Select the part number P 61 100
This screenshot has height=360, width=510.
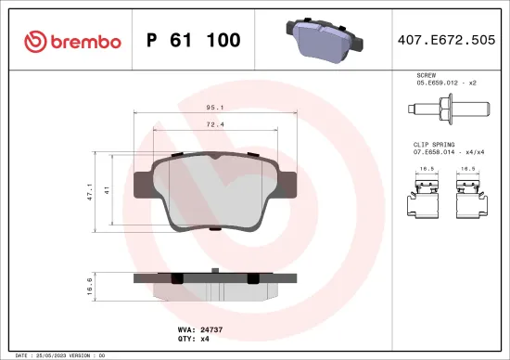point(194,41)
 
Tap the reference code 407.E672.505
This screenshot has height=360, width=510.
point(445,41)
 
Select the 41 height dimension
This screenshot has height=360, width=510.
point(108,190)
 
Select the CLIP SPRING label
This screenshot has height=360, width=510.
point(432,145)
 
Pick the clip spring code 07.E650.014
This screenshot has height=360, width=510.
point(437,153)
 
